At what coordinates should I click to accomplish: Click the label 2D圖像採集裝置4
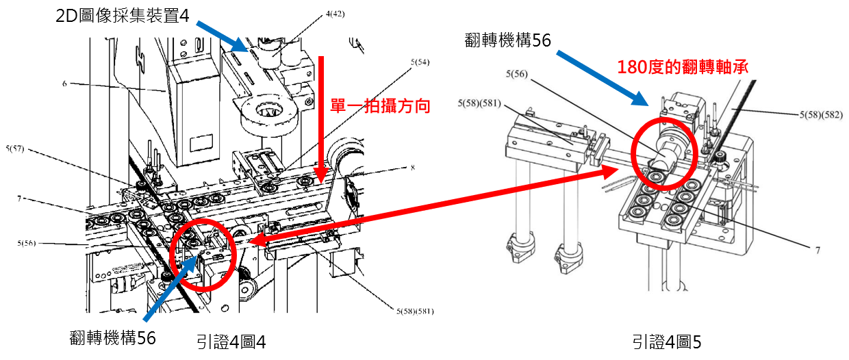(x=122, y=16)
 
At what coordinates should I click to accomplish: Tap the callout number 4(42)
(x=335, y=14)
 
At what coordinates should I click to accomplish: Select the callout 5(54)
(x=420, y=62)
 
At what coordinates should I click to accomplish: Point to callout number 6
(x=64, y=83)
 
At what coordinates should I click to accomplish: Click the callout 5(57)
(x=15, y=149)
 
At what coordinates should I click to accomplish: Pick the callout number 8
(x=413, y=167)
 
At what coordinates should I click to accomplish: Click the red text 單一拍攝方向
(x=380, y=105)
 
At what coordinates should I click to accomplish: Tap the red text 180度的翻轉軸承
(x=683, y=67)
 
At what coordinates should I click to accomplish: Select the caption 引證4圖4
(x=231, y=342)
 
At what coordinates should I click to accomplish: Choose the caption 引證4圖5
(x=667, y=342)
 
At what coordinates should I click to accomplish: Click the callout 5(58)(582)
(x=821, y=114)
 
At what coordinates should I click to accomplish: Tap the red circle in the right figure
(x=664, y=153)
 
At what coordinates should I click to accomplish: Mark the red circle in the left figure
(x=203, y=255)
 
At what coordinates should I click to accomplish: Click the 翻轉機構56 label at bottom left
(x=112, y=337)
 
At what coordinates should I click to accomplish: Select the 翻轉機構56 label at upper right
(x=508, y=40)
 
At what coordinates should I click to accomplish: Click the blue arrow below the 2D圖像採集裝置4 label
(x=222, y=36)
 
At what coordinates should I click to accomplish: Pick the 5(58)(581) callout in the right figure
(x=479, y=103)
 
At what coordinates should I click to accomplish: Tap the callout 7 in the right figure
(x=818, y=250)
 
